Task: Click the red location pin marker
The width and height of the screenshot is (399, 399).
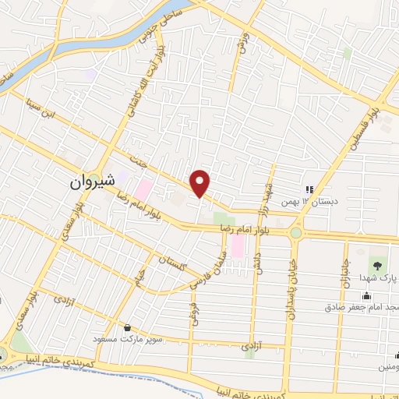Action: point(201,182)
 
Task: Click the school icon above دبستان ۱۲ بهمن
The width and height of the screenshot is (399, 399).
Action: point(309,189)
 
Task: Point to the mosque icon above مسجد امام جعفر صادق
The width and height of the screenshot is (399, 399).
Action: point(366,295)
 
